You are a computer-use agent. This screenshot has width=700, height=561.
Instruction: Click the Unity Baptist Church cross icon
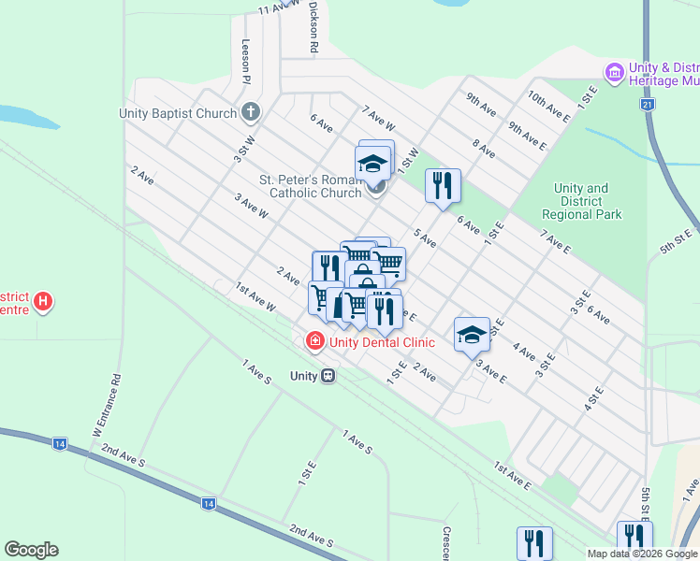250,113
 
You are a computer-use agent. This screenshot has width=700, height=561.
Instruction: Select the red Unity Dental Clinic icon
314,341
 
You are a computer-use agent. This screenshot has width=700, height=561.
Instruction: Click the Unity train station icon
328,376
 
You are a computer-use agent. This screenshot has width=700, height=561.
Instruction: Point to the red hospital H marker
42,302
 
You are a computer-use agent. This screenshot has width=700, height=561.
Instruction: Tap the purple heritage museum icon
614,72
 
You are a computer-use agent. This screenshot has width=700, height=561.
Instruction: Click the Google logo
31,550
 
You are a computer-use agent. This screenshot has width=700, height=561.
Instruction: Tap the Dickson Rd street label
314,25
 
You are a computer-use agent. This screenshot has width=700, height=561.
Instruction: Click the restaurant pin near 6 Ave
443,185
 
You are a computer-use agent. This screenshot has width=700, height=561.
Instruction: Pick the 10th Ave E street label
548,104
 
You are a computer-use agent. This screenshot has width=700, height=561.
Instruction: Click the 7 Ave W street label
379,117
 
